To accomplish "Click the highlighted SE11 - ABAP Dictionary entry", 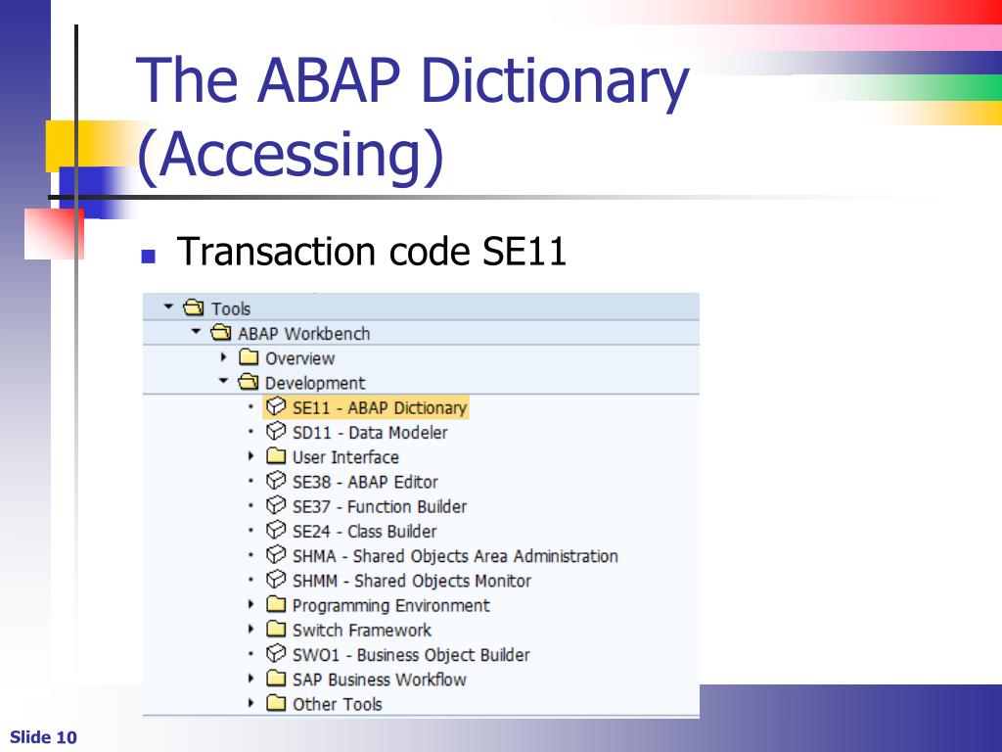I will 379,407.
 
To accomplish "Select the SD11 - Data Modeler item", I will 369,433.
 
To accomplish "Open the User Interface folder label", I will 345,457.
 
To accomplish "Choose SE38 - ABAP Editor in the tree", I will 364,482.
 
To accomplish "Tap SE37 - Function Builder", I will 379,506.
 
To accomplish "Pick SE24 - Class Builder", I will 364,532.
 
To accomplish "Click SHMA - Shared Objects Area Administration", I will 455,556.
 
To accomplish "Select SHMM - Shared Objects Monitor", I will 411,581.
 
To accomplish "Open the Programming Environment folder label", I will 390,605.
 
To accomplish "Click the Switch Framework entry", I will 361,630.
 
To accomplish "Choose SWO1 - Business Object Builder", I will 410,655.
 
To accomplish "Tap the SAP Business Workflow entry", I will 379,680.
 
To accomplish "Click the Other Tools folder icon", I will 276,703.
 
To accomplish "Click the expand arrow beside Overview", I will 223,357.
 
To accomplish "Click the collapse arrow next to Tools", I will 168,307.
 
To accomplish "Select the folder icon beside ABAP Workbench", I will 221,333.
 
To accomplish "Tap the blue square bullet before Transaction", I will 149,257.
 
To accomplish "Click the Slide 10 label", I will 43,737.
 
